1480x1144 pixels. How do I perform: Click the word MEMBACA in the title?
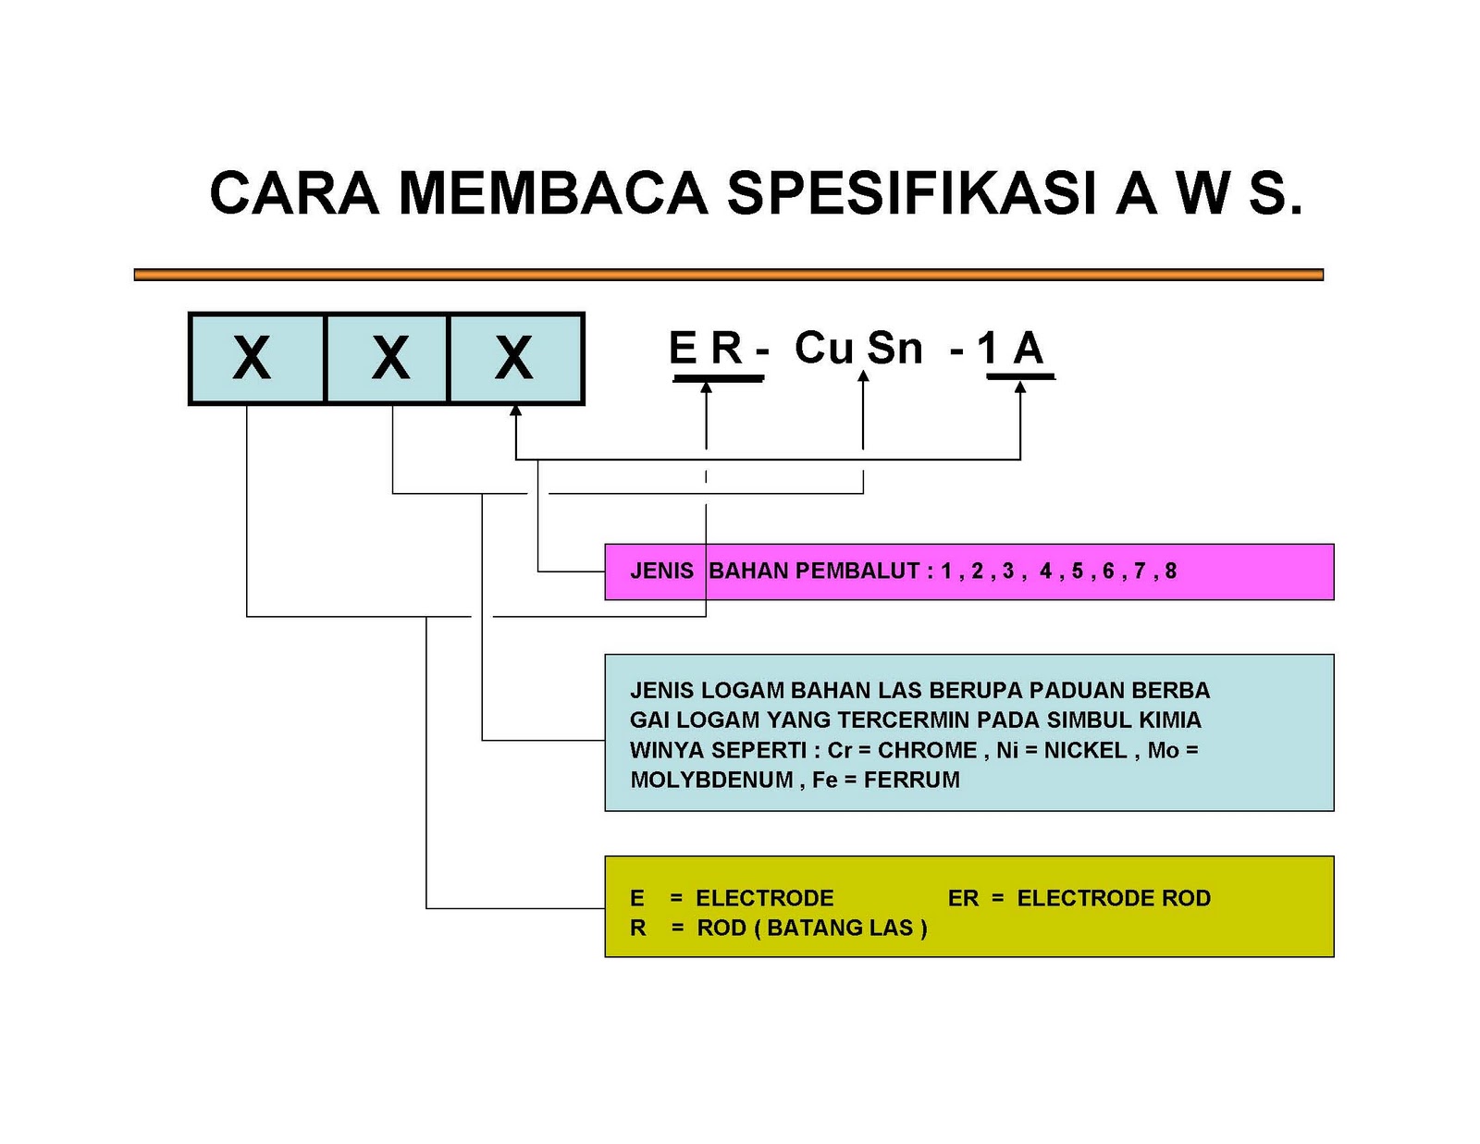552,193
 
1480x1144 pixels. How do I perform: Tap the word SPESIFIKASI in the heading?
911,193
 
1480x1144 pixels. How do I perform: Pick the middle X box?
388,359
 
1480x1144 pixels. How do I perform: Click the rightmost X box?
515,359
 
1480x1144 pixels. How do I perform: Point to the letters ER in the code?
706,350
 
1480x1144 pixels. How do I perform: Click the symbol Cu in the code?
822,349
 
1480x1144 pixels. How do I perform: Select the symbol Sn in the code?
894,350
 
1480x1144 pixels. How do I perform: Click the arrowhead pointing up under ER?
706,387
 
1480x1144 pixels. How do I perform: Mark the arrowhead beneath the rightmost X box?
515,412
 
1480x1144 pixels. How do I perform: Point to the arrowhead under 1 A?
1020,387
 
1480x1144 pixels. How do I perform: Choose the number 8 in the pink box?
1170,572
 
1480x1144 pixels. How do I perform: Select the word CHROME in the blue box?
927,750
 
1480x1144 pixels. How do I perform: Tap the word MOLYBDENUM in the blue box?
710,780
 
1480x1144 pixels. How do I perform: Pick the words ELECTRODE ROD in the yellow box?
1113,898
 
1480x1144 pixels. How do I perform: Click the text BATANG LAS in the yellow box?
840,928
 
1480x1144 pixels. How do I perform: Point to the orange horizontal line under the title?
728,275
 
